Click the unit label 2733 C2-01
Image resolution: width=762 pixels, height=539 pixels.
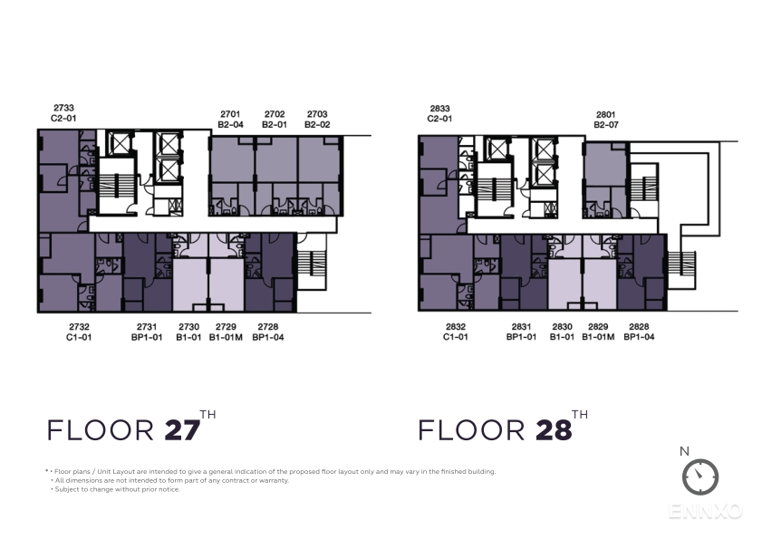pyautogui.click(x=63, y=112)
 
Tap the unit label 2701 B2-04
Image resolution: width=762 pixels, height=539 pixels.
pyautogui.click(x=230, y=119)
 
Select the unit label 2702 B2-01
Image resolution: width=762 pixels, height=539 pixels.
pyautogui.click(x=275, y=119)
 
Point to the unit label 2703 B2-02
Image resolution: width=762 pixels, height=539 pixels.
pyautogui.click(x=317, y=119)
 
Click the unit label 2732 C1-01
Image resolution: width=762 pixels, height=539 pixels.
pyautogui.click(x=79, y=332)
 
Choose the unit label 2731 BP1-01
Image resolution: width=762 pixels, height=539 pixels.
pyautogui.click(x=147, y=332)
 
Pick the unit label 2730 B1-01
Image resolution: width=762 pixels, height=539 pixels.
pyautogui.click(x=188, y=332)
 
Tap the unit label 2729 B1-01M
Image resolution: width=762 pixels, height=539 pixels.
pyautogui.click(x=226, y=332)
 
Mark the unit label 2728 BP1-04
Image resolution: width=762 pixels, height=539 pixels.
pyautogui.click(x=268, y=332)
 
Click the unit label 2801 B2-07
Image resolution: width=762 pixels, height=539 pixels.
pyautogui.click(x=606, y=120)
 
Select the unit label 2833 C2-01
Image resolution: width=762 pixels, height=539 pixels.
pyautogui.click(x=439, y=113)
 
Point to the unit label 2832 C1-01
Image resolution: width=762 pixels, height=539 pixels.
pyautogui.click(x=456, y=332)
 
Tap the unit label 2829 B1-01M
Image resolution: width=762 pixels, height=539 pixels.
pyautogui.click(x=598, y=332)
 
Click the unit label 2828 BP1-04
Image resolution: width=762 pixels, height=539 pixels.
pyautogui.click(x=639, y=332)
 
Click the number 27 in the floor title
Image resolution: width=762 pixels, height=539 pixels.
pyautogui.click(x=183, y=430)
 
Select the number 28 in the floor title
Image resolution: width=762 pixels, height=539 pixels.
pyautogui.click(x=554, y=430)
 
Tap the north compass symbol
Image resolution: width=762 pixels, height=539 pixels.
pyautogui.click(x=700, y=476)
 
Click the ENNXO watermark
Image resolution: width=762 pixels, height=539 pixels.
pyautogui.click(x=706, y=511)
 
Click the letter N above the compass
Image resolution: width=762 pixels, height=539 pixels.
pyautogui.click(x=684, y=451)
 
